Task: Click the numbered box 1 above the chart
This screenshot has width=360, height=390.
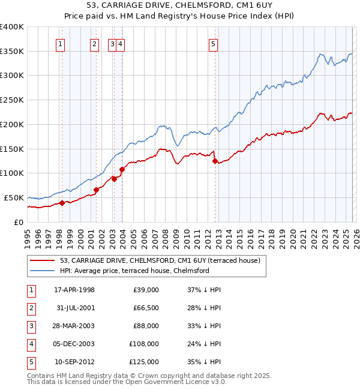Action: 61,43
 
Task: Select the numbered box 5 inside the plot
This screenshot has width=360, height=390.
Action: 214,43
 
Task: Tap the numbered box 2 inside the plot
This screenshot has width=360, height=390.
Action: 94,43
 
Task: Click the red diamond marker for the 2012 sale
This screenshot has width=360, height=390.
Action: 215,160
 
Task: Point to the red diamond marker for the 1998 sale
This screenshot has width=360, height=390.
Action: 62,202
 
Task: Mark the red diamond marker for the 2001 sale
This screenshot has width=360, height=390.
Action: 96,190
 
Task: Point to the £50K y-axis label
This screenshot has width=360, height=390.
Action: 14,197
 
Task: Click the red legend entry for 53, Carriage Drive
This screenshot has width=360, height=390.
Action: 160,260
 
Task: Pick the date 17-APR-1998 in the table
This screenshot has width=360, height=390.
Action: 74,290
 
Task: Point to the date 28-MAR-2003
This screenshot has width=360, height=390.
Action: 74,326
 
